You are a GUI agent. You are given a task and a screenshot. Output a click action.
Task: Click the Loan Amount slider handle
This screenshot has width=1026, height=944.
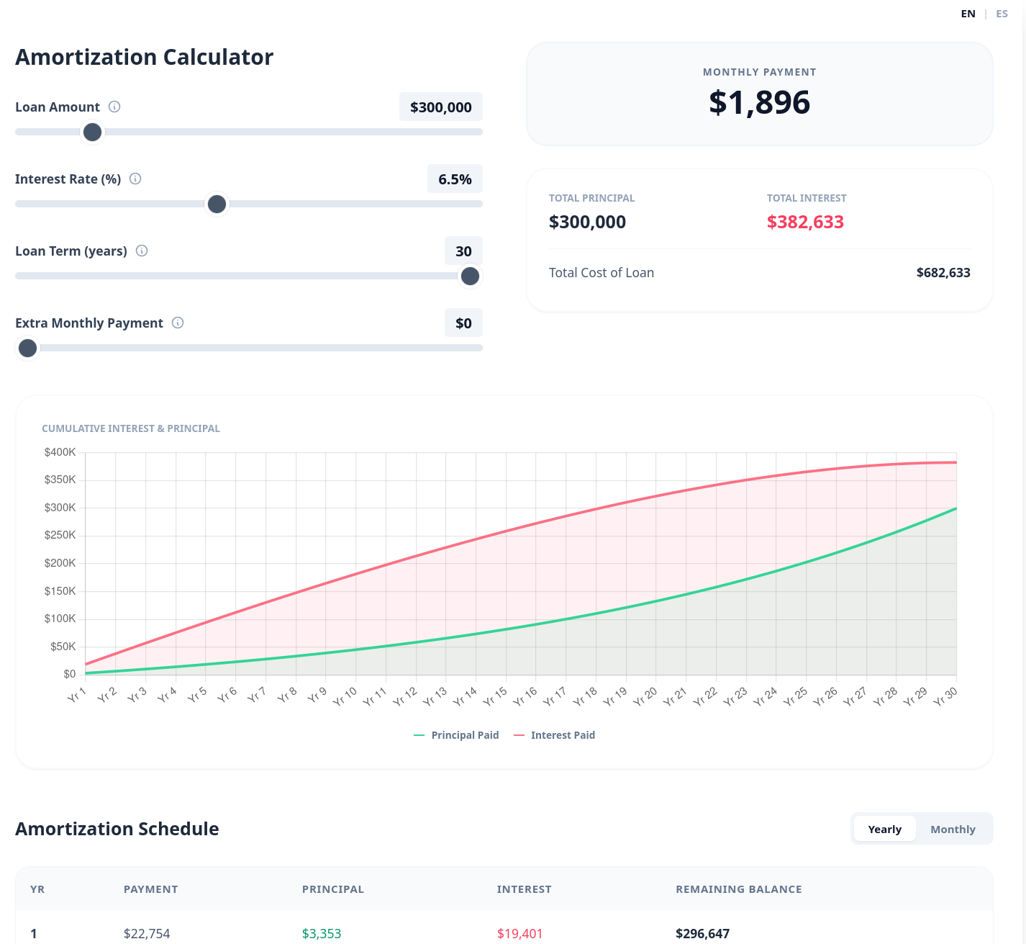(x=92, y=132)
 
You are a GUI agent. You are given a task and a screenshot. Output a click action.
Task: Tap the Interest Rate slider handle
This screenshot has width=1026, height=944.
(x=217, y=204)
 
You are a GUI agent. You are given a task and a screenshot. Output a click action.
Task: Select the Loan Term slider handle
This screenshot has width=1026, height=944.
(x=470, y=277)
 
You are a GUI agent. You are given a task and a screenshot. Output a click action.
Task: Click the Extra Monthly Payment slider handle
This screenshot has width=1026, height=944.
(x=28, y=349)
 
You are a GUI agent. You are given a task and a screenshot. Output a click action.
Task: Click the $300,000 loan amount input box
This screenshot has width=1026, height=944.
(x=440, y=107)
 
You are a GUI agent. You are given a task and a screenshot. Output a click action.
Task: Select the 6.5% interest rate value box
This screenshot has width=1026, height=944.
(x=455, y=179)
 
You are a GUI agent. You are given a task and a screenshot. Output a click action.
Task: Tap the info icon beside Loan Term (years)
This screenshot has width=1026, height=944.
(x=142, y=251)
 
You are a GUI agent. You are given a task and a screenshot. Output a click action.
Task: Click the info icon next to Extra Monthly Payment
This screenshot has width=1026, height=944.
(x=178, y=323)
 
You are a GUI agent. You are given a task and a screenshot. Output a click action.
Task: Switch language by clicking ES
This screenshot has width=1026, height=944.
(x=1002, y=14)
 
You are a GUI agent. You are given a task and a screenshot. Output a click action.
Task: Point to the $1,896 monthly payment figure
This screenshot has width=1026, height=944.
(x=759, y=102)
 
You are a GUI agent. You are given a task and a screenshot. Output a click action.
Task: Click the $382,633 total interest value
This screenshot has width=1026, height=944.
(x=805, y=222)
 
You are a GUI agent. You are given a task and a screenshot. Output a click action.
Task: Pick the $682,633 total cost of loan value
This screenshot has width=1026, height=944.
(x=943, y=273)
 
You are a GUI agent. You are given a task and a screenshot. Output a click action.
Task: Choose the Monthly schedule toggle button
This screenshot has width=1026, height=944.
(x=953, y=830)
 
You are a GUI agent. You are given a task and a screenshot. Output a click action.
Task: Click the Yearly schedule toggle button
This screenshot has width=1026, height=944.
(x=884, y=830)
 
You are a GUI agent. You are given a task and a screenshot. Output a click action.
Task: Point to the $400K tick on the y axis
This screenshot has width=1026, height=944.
(x=60, y=452)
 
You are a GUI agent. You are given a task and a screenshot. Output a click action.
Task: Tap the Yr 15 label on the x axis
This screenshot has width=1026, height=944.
(x=495, y=696)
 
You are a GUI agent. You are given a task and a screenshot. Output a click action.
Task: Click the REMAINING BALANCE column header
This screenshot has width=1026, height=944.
(x=738, y=889)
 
